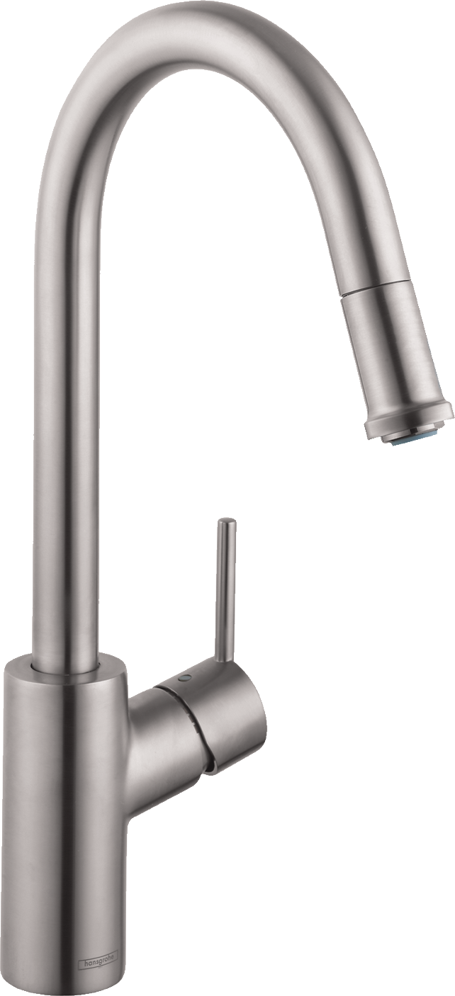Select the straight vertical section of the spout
click(x=67, y=445)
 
